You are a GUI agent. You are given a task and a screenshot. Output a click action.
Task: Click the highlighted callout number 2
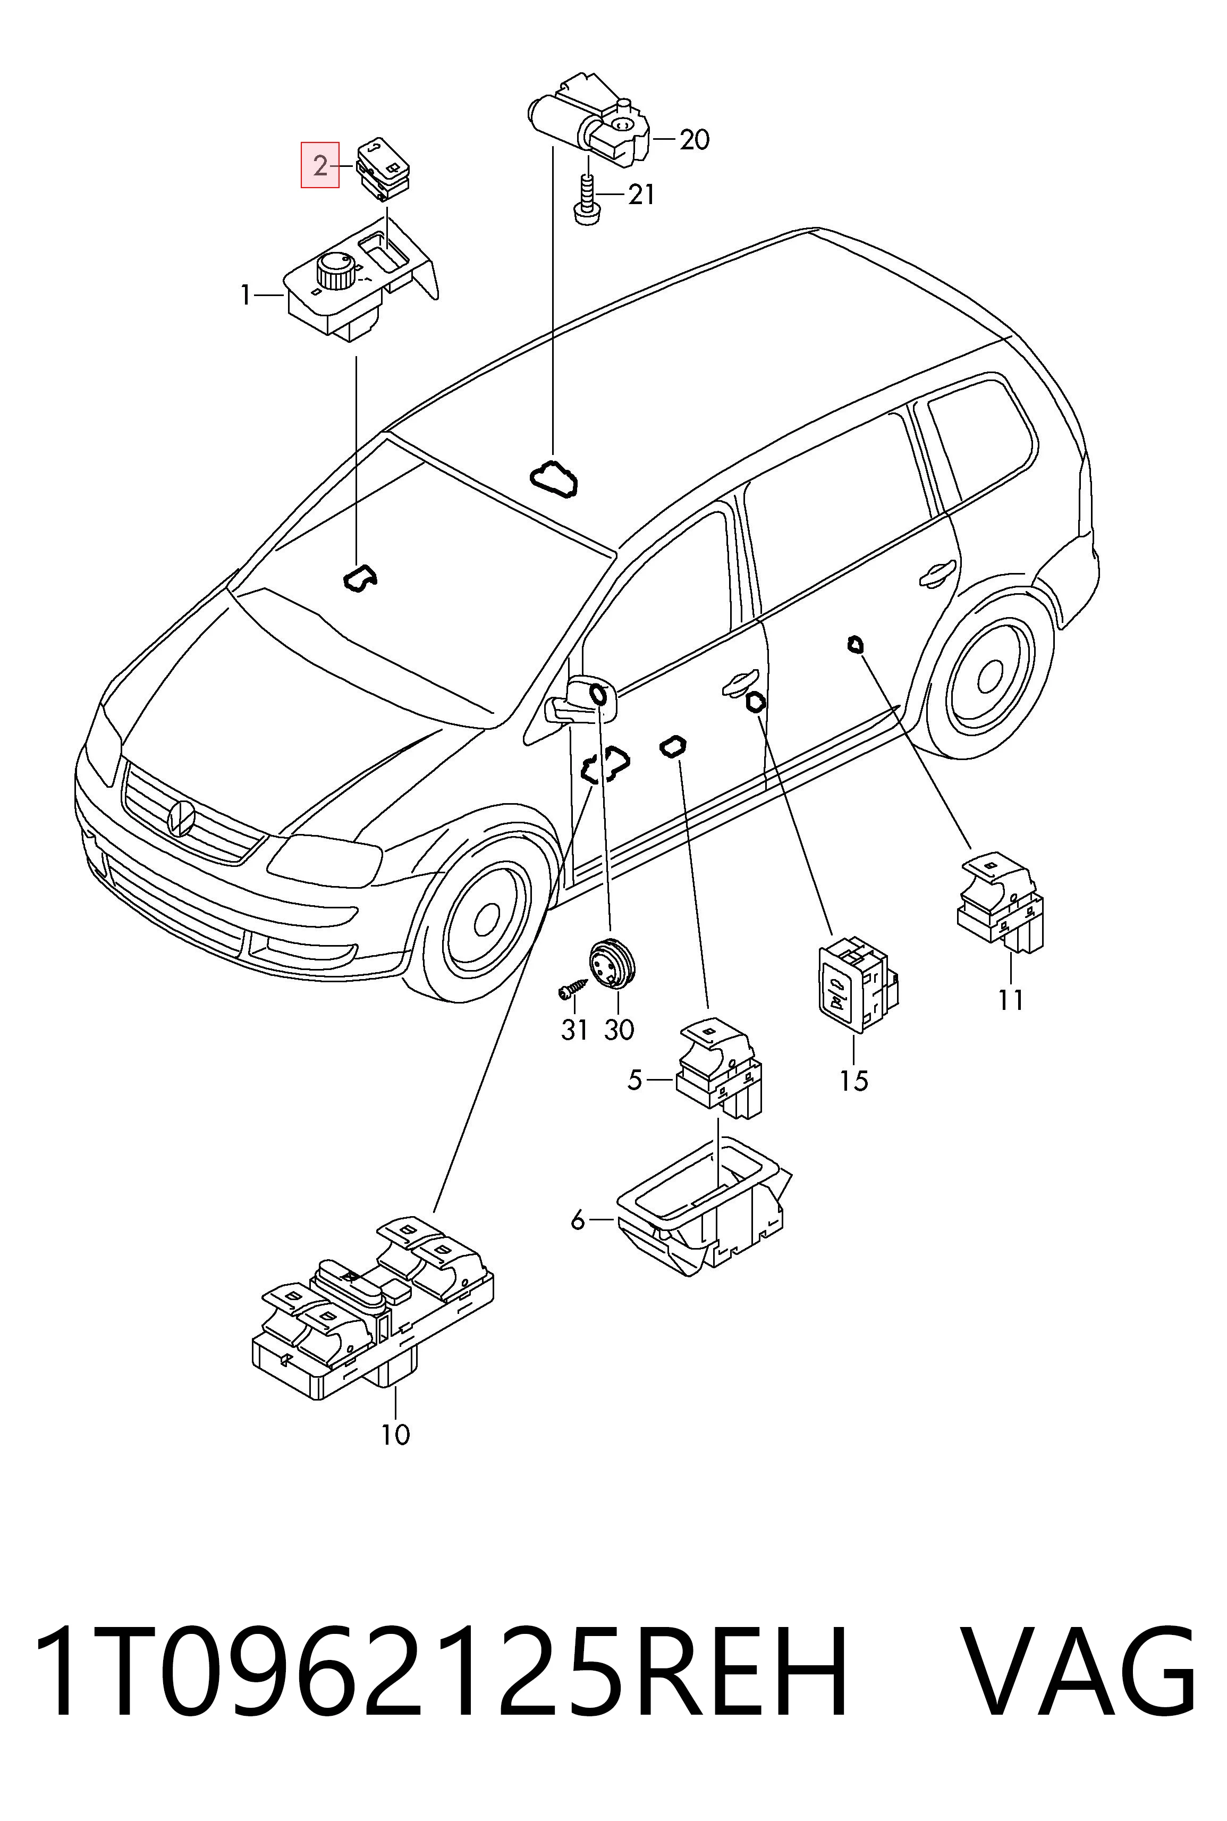click(320, 166)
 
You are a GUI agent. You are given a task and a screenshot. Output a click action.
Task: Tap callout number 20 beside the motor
click(694, 140)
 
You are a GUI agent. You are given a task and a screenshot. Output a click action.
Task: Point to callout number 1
click(246, 296)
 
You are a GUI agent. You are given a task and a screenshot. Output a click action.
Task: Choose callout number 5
click(634, 1081)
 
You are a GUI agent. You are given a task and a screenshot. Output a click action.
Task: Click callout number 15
click(854, 1081)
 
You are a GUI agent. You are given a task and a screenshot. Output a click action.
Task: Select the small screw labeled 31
click(572, 988)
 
